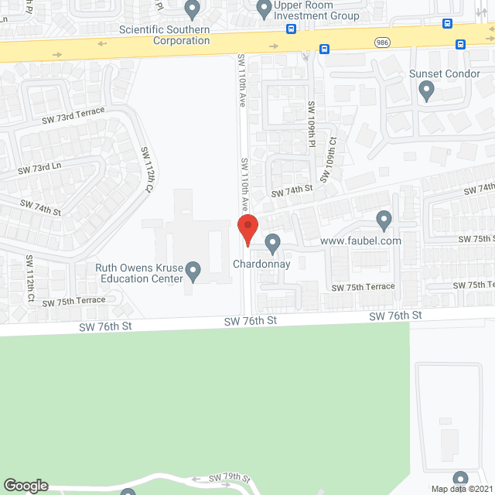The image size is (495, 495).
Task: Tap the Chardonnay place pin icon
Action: point(272,244)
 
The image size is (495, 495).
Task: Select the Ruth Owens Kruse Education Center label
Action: point(139,274)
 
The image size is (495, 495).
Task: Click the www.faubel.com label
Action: point(360,241)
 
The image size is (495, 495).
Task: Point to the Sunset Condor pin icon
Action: point(426,91)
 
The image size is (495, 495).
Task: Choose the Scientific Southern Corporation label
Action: point(165,35)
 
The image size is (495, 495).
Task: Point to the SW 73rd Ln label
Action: point(39,168)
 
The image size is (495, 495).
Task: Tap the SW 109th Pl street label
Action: point(312,123)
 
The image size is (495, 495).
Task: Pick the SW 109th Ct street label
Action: point(331,159)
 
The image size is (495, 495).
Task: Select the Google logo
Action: point(25,486)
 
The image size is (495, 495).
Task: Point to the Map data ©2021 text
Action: point(462,489)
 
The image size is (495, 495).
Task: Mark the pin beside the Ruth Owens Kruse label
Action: point(193,270)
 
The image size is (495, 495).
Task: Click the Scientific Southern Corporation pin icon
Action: point(193,10)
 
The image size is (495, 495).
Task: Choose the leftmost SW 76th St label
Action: point(105,326)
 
